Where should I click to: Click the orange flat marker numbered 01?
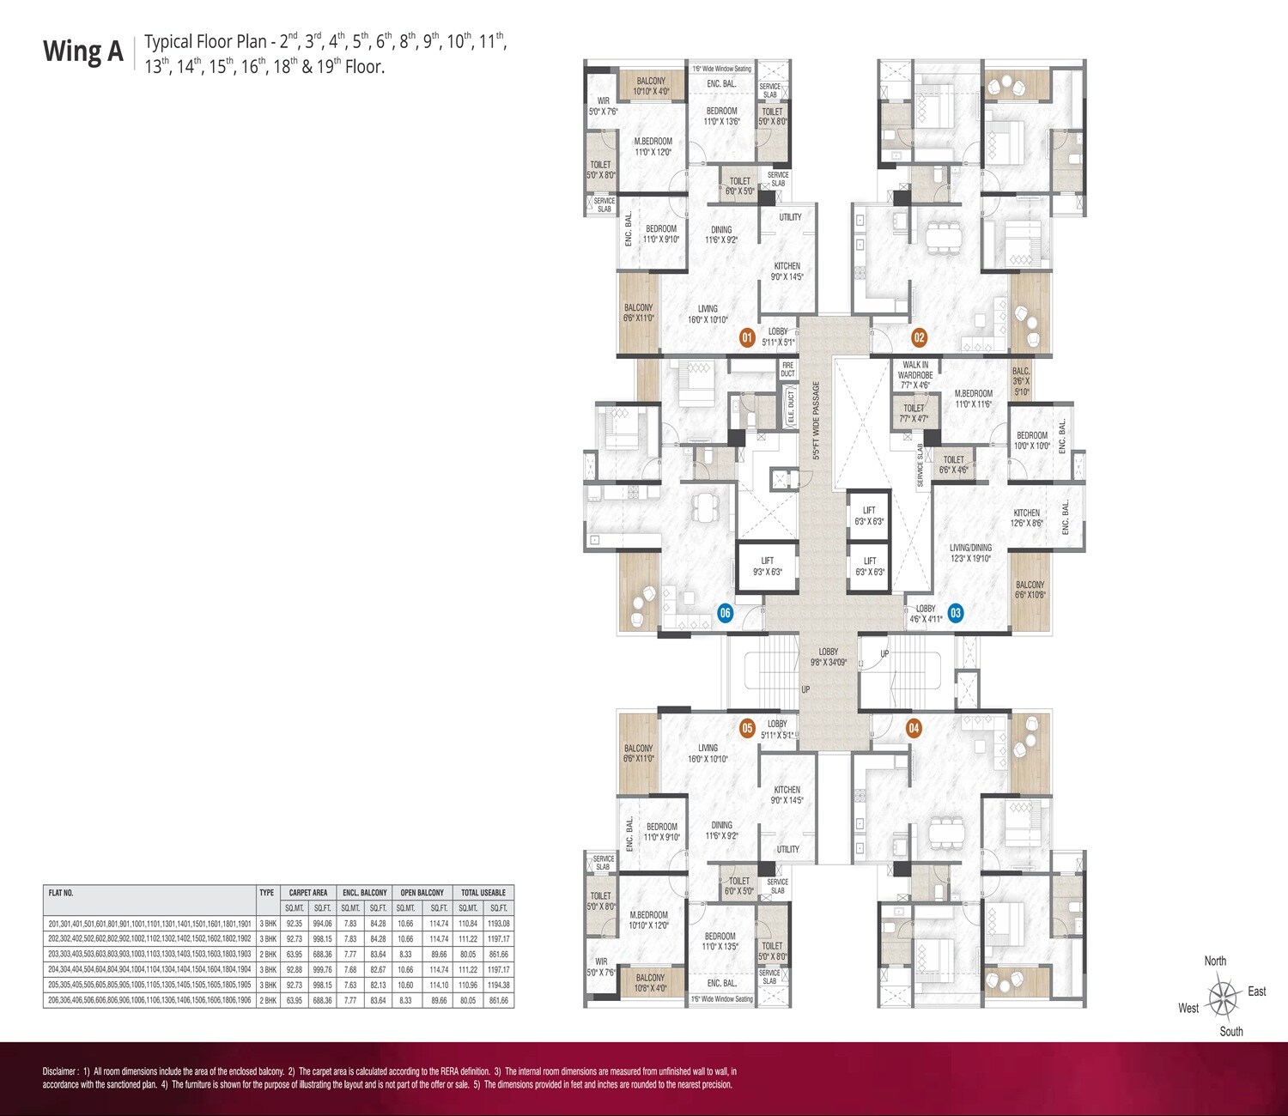click(747, 337)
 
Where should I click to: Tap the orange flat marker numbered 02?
click(919, 337)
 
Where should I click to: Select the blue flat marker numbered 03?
click(955, 613)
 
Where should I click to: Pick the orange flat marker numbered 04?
click(914, 728)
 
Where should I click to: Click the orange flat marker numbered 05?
click(747, 728)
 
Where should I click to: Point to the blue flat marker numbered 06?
click(726, 613)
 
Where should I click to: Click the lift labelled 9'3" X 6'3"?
click(767, 566)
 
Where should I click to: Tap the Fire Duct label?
click(787, 369)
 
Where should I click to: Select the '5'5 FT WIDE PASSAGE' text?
click(817, 421)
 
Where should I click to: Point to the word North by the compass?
click(1215, 961)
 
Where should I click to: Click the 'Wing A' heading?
click(83, 52)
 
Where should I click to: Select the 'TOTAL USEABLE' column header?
click(483, 893)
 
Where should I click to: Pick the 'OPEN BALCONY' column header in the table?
click(422, 893)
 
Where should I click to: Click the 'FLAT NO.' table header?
click(61, 893)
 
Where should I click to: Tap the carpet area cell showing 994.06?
click(322, 924)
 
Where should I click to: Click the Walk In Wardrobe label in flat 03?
click(915, 370)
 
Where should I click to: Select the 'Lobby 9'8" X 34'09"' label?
click(828, 657)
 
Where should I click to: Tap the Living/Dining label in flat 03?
click(970, 552)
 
